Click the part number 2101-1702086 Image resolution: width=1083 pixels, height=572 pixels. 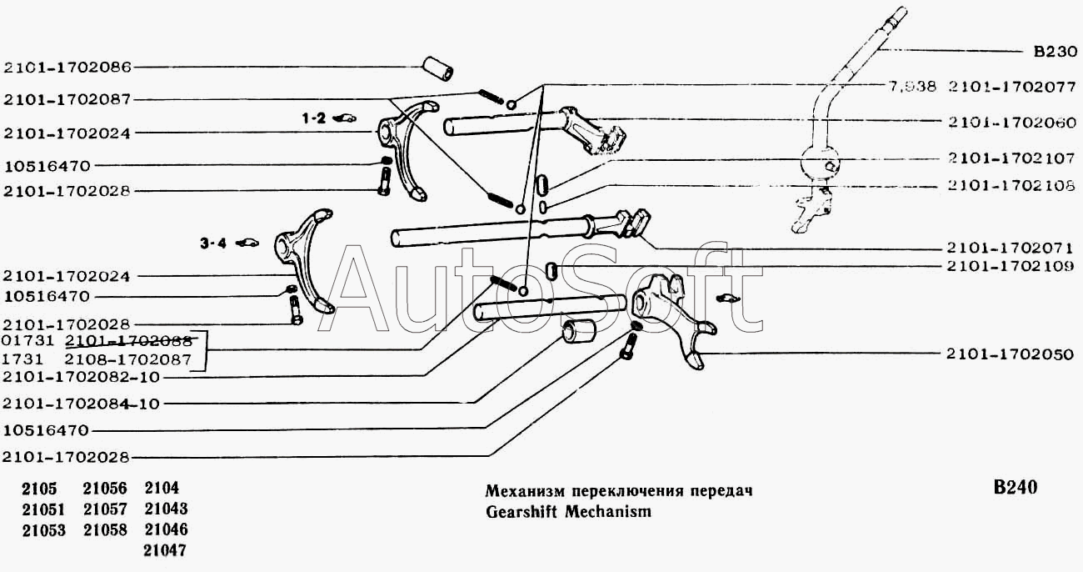[67, 68]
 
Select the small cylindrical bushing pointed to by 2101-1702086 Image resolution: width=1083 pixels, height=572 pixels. [438, 68]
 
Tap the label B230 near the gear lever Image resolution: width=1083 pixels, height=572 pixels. [1055, 51]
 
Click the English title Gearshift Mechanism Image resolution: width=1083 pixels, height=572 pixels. [568, 511]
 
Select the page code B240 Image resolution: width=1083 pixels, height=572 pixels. [1015, 488]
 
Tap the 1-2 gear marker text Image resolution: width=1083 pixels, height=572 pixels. [314, 119]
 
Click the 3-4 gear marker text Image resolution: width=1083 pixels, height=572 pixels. [212, 243]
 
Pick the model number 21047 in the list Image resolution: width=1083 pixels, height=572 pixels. [165, 550]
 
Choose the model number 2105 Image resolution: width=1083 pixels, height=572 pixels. [35, 489]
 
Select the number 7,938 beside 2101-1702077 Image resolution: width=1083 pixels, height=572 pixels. [914, 86]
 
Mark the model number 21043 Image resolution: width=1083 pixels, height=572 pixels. [165, 509]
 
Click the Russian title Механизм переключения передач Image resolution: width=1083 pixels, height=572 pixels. [619, 490]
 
